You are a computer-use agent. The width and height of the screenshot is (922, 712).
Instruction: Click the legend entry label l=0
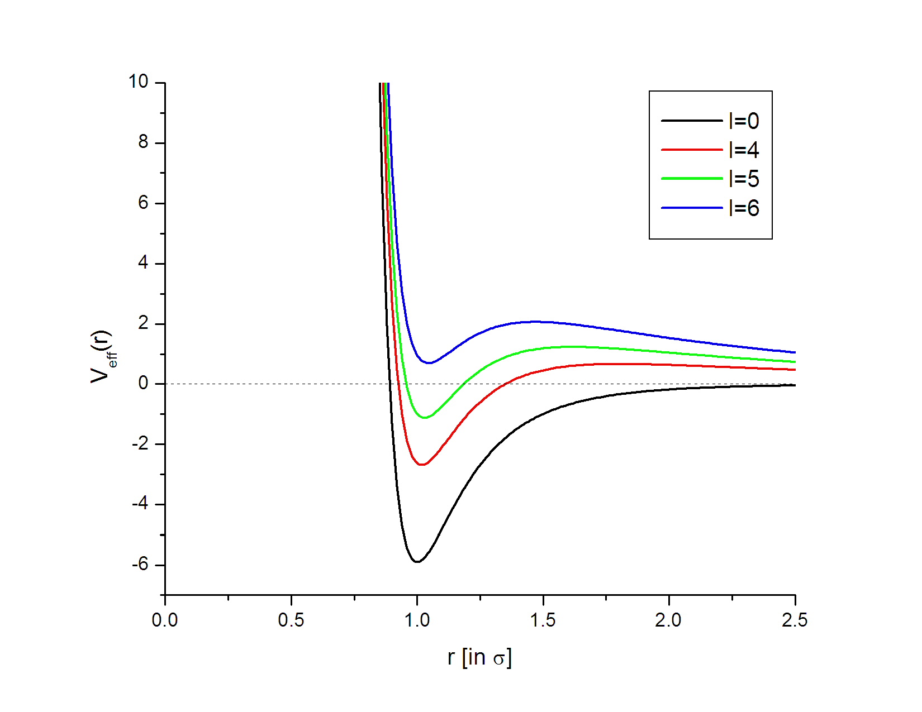click(x=744, y=121)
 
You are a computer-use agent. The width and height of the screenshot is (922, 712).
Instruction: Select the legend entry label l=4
click(x=744, y=150)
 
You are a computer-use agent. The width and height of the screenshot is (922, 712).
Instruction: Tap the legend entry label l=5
click(x=744, y=179)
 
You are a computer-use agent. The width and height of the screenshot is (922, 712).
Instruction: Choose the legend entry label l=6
click(x=744, y=208)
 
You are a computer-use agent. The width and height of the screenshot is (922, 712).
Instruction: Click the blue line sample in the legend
click(x=692, y=208)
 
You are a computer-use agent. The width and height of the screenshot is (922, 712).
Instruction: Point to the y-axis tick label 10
click(x=138, y=82)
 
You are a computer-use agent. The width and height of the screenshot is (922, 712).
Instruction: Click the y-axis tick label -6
click(x=140, y=564)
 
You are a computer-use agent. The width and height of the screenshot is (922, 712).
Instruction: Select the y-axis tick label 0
click(x=144, y=384)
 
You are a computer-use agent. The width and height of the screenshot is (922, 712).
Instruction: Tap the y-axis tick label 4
click(x=144, y=262)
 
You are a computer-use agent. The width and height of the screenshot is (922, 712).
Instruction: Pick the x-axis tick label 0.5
click(x=291, y=620)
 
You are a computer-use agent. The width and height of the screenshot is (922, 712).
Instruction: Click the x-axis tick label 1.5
click(x=543, y=620)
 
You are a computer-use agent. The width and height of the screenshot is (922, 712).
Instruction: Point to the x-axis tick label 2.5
click(x=795, y=620)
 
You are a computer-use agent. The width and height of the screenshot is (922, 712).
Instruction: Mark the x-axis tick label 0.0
click(x=165, y=620)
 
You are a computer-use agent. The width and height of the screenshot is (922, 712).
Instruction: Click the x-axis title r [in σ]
click(x=479, y=657)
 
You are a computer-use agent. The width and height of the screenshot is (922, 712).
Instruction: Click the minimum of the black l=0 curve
click(x=417, y=561)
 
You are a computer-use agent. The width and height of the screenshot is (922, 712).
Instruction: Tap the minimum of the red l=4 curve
click(x=422, y=465)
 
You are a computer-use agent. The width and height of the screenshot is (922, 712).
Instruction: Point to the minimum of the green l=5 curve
click(x=425, y=417)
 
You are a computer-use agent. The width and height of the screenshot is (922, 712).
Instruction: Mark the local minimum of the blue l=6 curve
click(x=429, y=363)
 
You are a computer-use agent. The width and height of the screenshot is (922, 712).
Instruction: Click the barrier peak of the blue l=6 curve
click(x=536, y=321)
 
